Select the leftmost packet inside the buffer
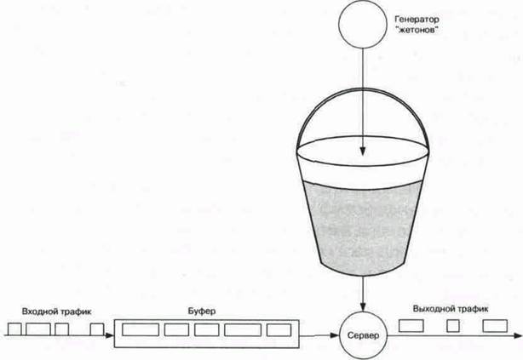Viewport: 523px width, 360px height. (140, 329)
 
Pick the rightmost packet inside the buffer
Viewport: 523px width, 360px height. (279, 329)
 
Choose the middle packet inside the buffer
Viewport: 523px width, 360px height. (210, 329)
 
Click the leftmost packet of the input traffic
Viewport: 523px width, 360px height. (14, 329)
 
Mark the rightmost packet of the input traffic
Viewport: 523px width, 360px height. (97, 329)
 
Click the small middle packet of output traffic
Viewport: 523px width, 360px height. (452, 326)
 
